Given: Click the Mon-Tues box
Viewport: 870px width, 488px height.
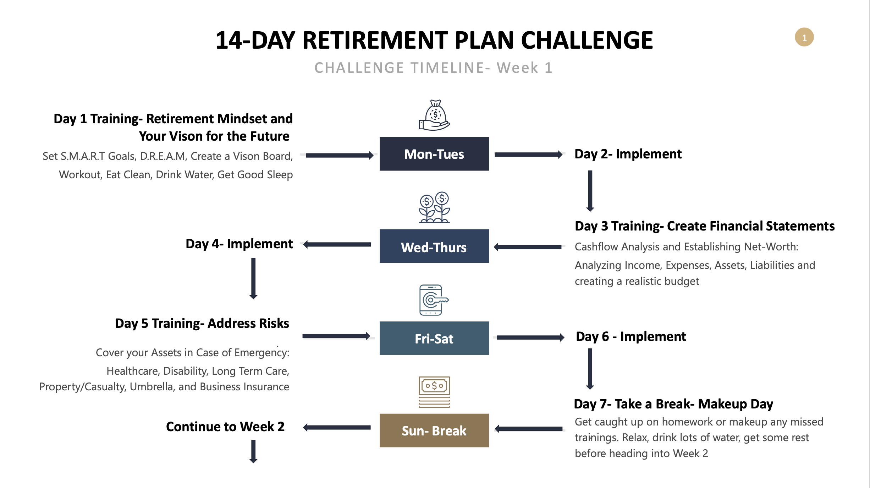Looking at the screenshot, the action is pyautogui.click(x=434, y=154).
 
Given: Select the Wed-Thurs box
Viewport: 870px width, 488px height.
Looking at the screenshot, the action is pyautogui.click(x=434, y=246).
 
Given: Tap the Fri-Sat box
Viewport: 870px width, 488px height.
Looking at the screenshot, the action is pyautogui.click(x=434, y=338).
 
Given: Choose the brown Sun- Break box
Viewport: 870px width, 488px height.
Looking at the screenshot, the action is pyautogui.click(x=434, y=430).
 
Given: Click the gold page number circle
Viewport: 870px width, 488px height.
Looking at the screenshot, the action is pyautogui.click(x=804, y=37).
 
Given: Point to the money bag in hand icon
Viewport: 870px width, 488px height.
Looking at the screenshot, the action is pyautogui.click(x=434, y=115).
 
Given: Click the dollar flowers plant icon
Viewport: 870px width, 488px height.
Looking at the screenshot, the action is pyautogui.click(x=434, y=207).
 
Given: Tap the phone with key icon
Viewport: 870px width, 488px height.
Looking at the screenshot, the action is pyautogui.click(x=434, y=300).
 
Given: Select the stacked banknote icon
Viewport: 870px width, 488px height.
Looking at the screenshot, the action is pyautogui.click(x=434, y=392).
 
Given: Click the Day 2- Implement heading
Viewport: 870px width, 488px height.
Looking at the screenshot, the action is pyautogui.click(x=628, y=154).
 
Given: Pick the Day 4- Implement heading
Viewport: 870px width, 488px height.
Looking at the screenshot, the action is pyautogui.click(x=239, y=244).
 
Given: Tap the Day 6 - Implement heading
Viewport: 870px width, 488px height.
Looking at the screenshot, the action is pyautogui.click(x=631, y=336).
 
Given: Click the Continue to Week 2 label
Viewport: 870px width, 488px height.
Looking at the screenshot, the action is pyautogui.click(x=225, y=427).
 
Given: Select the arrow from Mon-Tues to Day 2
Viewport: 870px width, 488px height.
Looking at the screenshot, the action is pyautogui.click(x=528, y=154).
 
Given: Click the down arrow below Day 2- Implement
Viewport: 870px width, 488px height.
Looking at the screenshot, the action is pyautogui.click(x=590, y=191).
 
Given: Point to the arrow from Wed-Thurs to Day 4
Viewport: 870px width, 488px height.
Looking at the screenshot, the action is pyautogui.click(x=337, y=244).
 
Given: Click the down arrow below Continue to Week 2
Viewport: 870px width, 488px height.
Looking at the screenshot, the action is pyautogui.click(x=253, y=451).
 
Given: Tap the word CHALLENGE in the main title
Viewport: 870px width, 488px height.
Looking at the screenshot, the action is pyautogui.click(x=587, y=40).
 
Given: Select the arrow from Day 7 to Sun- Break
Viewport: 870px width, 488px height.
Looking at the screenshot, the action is pyautogui.click(x=529, y=429).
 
